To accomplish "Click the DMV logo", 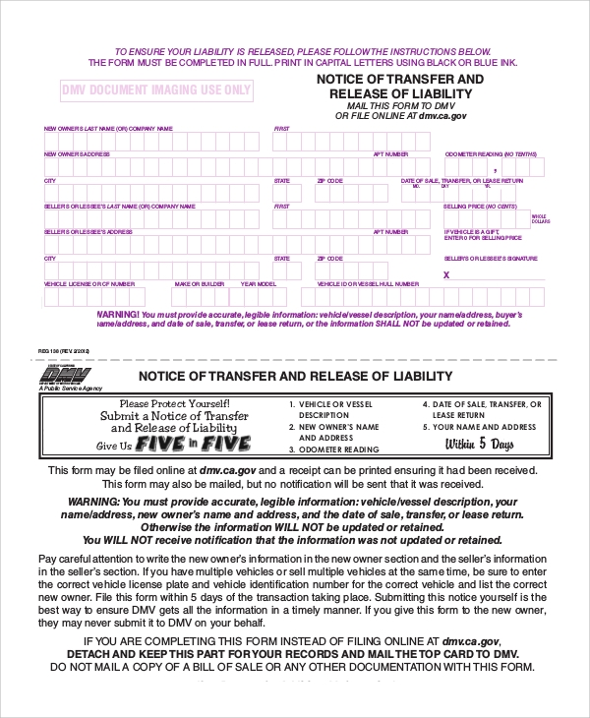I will pyautogui.click(x=64, y=375).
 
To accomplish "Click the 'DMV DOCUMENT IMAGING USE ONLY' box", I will pyautogui.click(x=156, y=90).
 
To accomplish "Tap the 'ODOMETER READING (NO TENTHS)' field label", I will pyautogui.click(x=491, y=154).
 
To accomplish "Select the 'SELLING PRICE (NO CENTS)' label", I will pyautogui.click(x=480, y=207).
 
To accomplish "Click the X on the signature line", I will pyautogui.click(x=446, y=275).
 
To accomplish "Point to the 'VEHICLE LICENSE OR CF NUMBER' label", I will pyautogui.click(x=89, y=283).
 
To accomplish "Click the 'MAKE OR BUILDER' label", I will pyautogui.click(x=200, y=283).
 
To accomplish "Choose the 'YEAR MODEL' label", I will pyautogui.click(x=257, y=283).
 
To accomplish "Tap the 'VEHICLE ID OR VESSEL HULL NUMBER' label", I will pyautogui.click(x=368, y=283).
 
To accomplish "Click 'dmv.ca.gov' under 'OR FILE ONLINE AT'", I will pyautogui.click(x=442, y=116).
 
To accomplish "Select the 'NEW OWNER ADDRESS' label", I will pyautogui.click(x=77, y=154).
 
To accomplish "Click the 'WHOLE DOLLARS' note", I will pyautogui.click(x=539, y=218).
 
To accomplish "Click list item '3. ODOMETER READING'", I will pyautogui.click(x=333, y=449).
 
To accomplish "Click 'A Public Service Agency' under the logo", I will pyautogui.click(x=70, y=389).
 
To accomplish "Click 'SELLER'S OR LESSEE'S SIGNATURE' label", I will pyautogui.click(x=491, y=258).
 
